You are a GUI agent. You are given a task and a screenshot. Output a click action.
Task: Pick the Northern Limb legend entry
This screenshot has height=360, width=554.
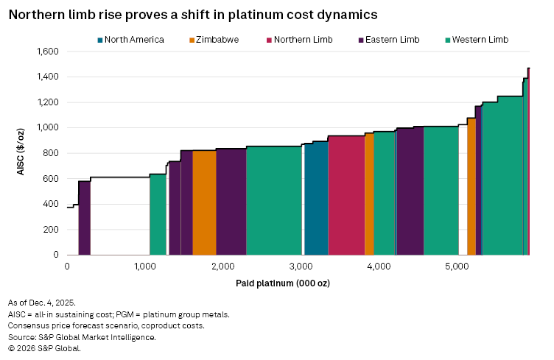(304, 39)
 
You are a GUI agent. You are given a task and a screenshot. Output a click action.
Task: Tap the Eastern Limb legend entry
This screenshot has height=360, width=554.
(389, 39)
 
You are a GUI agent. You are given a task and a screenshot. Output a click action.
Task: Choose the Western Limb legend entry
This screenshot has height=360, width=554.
(477, 39)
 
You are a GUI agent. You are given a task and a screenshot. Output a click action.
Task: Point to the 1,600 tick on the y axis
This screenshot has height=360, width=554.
(46, 52)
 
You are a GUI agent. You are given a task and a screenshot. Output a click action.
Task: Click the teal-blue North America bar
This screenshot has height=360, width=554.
(315, 199)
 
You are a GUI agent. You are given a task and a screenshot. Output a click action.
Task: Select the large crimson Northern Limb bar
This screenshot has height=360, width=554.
(346, 195)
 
